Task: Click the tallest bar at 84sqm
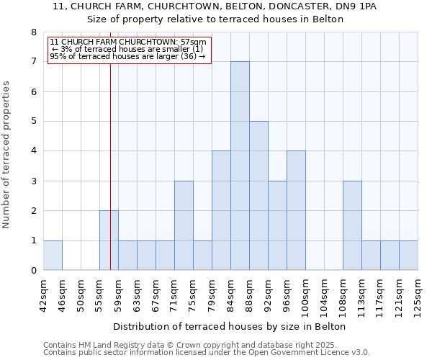coord(240,166)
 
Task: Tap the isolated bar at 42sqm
coord(53,256)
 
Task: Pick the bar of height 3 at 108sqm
coord(352,225)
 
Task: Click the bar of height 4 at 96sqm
coord(296,210)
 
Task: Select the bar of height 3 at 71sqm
coord(184,225)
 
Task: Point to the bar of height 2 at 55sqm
coord(109,240)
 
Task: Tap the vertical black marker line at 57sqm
coord(110,144)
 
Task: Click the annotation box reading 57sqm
coord(129,49)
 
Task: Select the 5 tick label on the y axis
coord(34,122)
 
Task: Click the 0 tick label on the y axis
coord(34,271)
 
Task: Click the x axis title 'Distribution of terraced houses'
coord(230,326)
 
